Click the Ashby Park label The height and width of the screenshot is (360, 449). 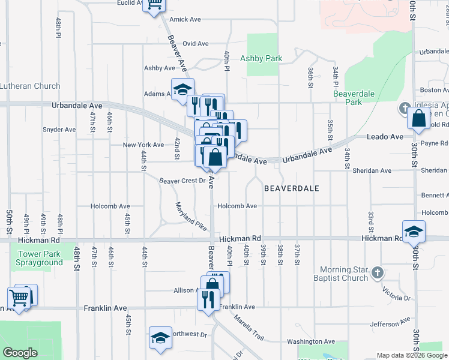(x=261, y=59)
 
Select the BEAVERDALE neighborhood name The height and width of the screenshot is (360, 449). (x=292, y=188)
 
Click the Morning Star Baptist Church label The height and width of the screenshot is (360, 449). (x=344, y=274)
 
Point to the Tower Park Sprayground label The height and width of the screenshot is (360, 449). (x=40, y=259)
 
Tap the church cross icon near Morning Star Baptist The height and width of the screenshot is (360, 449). (x=377, y=273)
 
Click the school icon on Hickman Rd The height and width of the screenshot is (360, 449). (x=414, y=232)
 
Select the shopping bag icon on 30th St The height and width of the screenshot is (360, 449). (x=418, y=118)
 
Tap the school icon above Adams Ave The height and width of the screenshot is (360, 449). (x=182, y=89)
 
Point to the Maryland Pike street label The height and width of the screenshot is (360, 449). (x=191, y=217)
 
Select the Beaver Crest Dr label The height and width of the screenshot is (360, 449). (x=182, y=181)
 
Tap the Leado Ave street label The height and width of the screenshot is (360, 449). (x=385, y=137)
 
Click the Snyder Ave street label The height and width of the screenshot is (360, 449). (x=59, y=129)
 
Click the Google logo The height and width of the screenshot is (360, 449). (x=20, y=353)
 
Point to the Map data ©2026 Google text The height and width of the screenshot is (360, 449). (x=411, y=355)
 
